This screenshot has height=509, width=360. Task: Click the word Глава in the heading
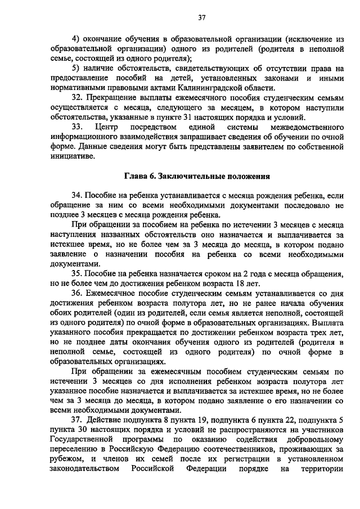tap(137, 177)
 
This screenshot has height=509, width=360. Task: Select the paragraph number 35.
tap(78, 273)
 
